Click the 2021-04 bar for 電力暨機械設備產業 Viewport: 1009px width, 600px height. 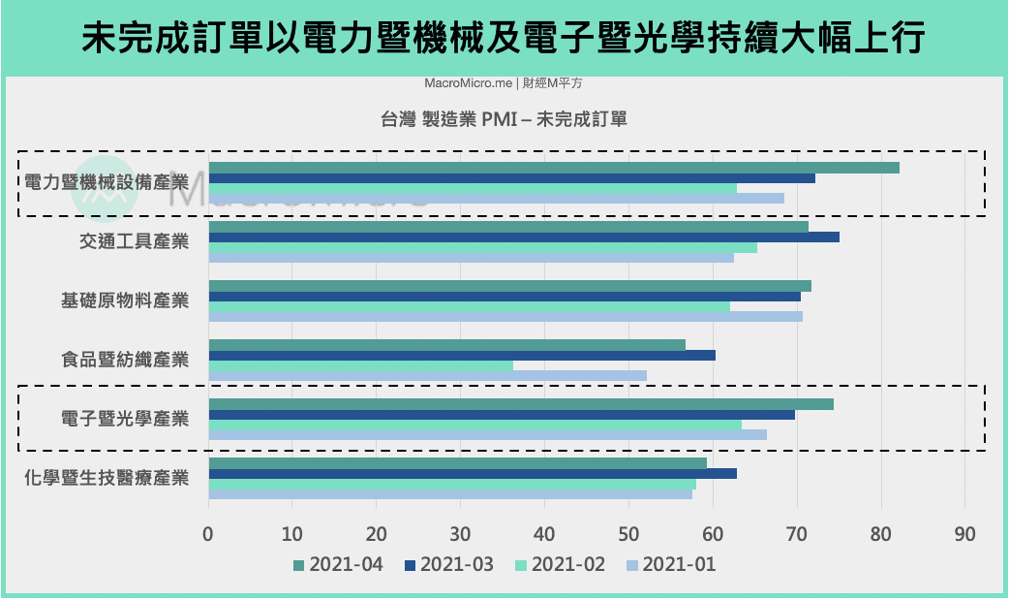(554, 168)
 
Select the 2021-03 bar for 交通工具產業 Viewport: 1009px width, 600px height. (524, 237)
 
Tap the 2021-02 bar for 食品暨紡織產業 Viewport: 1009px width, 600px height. (361, 366)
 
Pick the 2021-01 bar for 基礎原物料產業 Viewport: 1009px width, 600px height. (505, 316)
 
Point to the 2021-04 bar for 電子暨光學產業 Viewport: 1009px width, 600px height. (521, 404)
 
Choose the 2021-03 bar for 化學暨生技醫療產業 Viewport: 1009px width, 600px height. (473, 474)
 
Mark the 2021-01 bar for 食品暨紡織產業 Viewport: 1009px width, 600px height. (428, 376)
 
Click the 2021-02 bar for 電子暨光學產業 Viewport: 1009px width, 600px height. (474, 426)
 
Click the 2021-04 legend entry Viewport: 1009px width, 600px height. (339, 565)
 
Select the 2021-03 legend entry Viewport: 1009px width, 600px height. (449, 565)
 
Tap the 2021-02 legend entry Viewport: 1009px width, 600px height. (561, 565)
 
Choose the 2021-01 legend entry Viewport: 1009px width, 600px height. (671, 565)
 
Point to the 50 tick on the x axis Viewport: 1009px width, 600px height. (628, 534)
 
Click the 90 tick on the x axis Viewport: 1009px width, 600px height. (964, 534)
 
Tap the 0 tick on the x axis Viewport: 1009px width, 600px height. (208, 534)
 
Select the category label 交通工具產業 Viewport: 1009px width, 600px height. (135, 241)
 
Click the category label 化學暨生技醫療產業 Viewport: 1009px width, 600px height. (107, 478)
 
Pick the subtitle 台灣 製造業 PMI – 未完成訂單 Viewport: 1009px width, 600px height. (504, 119)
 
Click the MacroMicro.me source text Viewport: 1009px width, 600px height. (469, 83)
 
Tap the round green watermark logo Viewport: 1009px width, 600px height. (105, 189)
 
